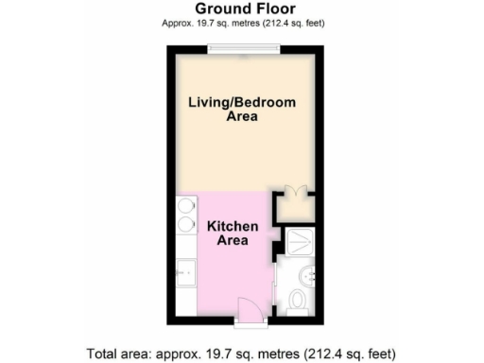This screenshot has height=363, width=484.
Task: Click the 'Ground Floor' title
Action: tap(240, 9)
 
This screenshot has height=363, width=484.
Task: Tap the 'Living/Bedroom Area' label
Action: tap(241, 109)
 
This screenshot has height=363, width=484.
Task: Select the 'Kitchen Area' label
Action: tap(228, 233)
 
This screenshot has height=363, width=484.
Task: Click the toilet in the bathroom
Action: tap(297, 301)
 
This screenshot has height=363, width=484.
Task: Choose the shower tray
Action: tap(299, 242)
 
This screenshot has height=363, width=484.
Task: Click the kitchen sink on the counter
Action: tap(185, 275)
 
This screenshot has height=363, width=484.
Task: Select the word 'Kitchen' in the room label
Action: tap(228, 226)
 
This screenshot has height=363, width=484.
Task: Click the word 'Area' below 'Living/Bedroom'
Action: tap(242, 117)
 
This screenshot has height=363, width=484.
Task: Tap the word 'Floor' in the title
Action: tap(266, 9)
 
